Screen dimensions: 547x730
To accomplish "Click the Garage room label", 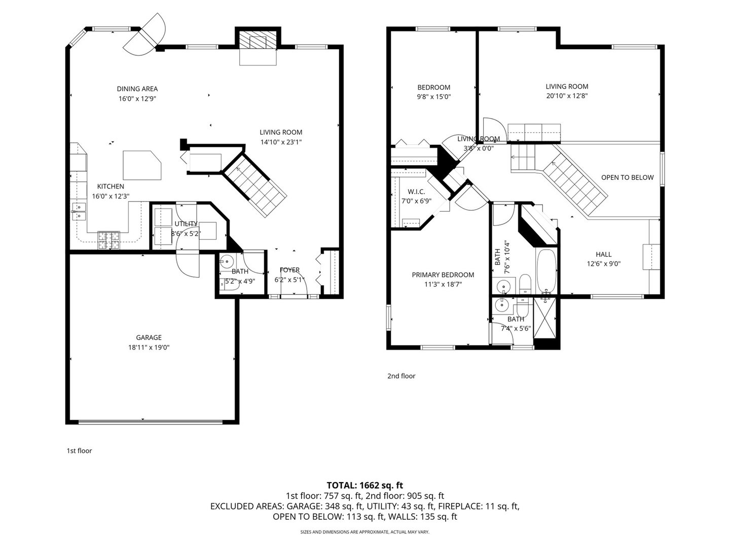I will (149, 337).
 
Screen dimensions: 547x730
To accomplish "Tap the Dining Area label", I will (137, 89).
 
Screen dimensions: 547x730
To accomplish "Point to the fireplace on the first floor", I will (258, 43).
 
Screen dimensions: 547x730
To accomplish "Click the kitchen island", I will (142, 165).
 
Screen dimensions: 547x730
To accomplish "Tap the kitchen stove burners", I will (109, 240).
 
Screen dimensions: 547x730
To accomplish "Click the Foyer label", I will (289, 270).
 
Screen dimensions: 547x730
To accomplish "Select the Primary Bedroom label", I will (443, 275).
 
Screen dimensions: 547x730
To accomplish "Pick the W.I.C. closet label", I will (416, 191).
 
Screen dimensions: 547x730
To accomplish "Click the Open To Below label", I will (627, 177).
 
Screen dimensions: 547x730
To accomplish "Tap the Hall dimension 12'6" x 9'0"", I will (603, 264).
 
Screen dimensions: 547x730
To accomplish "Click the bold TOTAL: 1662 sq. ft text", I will (365, 485).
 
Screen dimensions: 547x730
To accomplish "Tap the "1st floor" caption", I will (80, 451).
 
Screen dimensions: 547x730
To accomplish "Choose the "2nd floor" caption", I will (401, 376).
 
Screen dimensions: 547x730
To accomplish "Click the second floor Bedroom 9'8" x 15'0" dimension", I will (433, 96).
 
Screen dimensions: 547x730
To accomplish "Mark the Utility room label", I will (186, 224).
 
